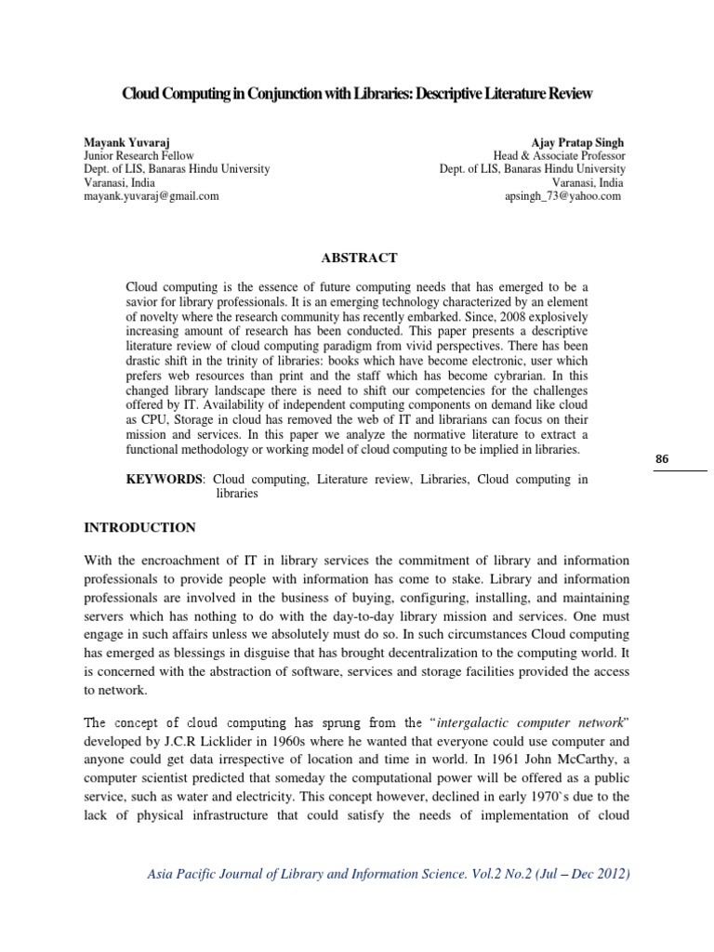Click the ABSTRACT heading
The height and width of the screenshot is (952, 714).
[x=358, y=258]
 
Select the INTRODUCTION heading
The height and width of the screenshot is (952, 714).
[x=140, y=527]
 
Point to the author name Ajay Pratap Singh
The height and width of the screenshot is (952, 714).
[x=578, y=142]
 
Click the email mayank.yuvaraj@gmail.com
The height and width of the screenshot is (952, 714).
[x=152, y=196]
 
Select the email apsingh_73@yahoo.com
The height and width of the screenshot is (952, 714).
[x=562, y=196]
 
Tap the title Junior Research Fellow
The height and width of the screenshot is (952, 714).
[x=139, y=156]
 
